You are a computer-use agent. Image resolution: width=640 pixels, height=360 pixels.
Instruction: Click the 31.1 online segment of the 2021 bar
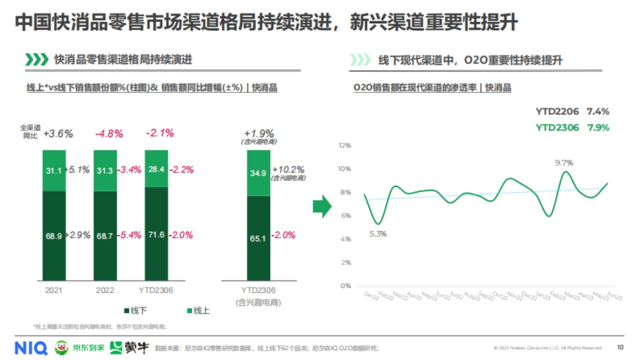(54, 170)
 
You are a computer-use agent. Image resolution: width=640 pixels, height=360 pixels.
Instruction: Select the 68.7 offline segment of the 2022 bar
(106, 235)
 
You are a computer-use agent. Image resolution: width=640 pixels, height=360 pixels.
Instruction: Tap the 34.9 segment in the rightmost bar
(259, 173)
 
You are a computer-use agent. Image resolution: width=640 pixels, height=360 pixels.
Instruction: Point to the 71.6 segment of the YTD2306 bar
(156, 235)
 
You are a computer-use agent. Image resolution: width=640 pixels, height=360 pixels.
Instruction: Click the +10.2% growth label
(288, 169)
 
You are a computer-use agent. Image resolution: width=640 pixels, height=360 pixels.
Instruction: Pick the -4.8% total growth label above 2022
(109, 133)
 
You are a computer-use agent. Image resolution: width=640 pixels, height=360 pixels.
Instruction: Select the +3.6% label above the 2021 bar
(58, 134)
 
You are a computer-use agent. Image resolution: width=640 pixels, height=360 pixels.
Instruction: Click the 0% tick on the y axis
(346, 286)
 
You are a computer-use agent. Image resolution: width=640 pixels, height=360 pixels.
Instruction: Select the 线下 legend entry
(135, 310)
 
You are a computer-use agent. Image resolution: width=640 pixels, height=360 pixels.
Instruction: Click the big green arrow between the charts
(322, 206)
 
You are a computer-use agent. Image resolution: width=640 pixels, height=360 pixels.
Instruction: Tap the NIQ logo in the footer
(30, 348)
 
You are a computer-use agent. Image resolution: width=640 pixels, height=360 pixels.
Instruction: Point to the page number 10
(620, 348)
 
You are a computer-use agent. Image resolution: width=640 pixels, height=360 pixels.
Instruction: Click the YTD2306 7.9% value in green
(597, 127)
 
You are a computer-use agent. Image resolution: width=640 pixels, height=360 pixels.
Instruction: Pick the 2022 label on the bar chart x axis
(105, 290)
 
